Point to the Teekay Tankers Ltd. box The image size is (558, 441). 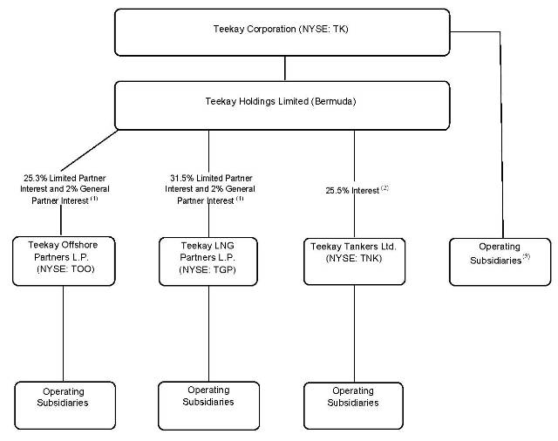354,258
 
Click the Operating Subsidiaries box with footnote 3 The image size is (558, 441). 499,258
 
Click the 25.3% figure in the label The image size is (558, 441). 37,177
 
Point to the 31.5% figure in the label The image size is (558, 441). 183,177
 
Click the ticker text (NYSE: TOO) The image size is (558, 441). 65,270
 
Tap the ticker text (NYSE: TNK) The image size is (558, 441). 354,259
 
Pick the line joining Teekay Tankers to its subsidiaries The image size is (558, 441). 354,331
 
